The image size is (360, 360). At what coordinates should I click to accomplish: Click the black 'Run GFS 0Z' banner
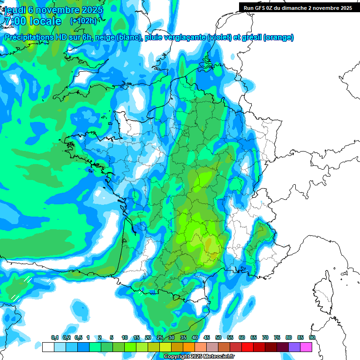tap(298, 7)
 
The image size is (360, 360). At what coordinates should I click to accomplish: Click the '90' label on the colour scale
tap(312, 337)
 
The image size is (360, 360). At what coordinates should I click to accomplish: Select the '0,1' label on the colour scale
tap(54, 337)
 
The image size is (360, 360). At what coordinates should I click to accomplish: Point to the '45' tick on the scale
tap(207, 337)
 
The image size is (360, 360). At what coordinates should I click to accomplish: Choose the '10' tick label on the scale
tap(125, 337)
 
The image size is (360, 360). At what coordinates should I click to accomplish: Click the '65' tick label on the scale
tap(254, 337)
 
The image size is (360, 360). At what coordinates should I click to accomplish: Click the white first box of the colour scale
tap(48, 347)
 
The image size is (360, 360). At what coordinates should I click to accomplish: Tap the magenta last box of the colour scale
tap(306, 347)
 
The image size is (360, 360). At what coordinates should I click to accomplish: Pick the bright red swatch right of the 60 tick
tap(247, 347)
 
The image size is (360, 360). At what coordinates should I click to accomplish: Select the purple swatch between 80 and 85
tap(294, 347)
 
